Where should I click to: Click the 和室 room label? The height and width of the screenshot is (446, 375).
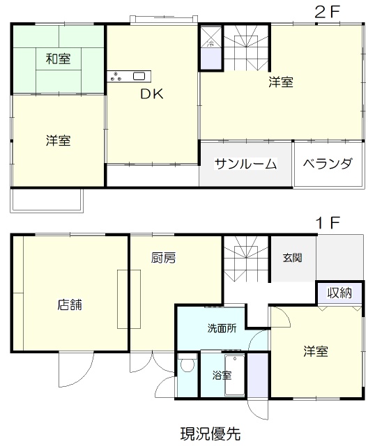[58, 59]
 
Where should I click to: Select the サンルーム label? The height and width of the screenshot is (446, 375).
[245, 164]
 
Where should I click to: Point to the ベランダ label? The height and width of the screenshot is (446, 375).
[328, 164]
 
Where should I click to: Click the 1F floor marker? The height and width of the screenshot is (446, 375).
[326, 224]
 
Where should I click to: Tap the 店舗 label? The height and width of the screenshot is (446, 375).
[70, 305]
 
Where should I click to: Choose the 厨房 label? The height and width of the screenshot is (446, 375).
[163, 258]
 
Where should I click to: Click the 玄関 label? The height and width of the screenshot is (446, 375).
[293, 258]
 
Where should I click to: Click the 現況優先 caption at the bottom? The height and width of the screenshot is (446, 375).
[210, 433]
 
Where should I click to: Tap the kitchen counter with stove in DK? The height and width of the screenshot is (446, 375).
[127, 77]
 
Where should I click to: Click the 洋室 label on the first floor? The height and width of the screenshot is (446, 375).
[316, 351]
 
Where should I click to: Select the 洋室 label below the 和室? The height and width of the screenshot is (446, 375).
[58, 141]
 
